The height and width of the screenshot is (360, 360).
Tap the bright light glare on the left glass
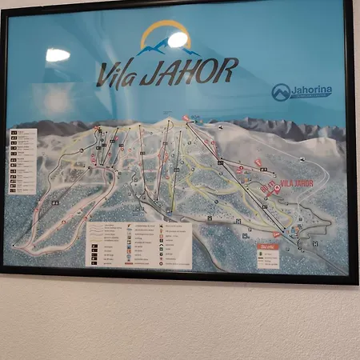pos(58,55)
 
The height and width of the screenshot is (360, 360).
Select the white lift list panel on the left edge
pos(22,161)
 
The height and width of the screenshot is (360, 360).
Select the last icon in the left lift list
pos(13,190)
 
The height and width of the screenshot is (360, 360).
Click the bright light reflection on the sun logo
pos(177,39)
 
